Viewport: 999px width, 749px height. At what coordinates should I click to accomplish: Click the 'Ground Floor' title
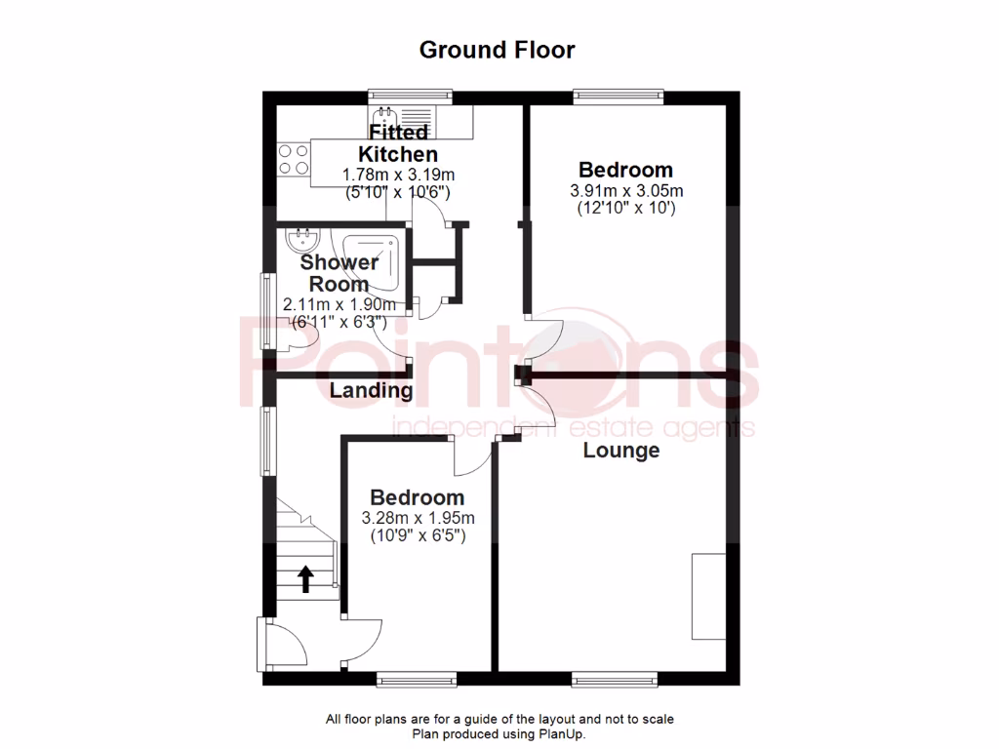[498, 50]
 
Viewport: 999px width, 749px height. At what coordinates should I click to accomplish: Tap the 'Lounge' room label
[621, 451]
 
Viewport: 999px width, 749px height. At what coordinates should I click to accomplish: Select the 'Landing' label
[371, 391]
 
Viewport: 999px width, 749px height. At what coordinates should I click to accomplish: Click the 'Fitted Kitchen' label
[398, 143]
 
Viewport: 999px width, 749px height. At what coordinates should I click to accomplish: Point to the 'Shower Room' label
[339, 273]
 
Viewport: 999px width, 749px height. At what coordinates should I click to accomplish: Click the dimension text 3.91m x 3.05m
[626, 191]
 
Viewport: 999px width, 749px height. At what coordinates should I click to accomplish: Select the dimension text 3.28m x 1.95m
[418, 518]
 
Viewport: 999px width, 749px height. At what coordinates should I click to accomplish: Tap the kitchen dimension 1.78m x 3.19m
[398, 175]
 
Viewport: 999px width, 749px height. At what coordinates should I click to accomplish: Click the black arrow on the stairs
[304, 579]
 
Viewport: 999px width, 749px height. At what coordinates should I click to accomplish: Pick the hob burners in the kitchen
[292, 159]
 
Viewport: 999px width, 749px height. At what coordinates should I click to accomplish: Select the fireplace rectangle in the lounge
[709, 595]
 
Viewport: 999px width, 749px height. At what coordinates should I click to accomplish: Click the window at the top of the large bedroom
[619, 97]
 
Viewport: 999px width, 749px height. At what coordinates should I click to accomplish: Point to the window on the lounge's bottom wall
[615, 678]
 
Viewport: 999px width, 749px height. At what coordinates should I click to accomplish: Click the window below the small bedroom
[417, 678]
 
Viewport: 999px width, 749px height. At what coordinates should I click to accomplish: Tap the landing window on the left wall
[265, 441]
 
